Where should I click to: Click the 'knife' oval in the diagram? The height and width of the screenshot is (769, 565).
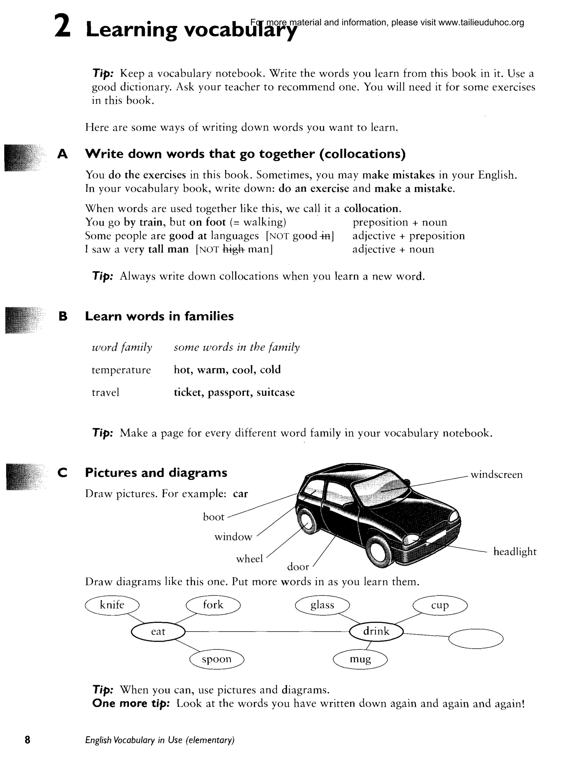pyautogui.click(x=112, y=606)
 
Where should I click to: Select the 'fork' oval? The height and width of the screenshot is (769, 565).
pyautogui.click(x=213, y=606)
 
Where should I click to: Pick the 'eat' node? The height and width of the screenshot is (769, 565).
pyautogui.click(x=158, y=632)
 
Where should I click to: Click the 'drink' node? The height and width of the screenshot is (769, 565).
pyautogui.click(x=376, y=631)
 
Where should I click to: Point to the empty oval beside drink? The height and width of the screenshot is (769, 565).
pyautogui.click(x=476, y=639)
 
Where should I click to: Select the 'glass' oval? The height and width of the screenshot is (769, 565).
pyautogui.click(x=322, y=606)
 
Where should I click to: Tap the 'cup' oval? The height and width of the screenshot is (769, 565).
pyautogui.click(x=440, y=606)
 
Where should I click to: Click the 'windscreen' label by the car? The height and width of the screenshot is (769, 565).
pyautogui.click(x=496, y=475)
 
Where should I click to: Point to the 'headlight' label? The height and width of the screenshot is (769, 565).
pyautogui.click(x=515, y=552)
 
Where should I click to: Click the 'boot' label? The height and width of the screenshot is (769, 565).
pyautogui.click(x=214, y=517)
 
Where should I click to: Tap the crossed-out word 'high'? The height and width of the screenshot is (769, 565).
pyautogui.click(x=233, y=250)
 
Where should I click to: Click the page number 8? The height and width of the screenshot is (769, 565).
pyautogui.click(x=27, y=740)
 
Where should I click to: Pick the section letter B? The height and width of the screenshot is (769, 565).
pyautogui.click(x=63, y=316)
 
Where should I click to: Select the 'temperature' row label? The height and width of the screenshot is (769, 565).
pyautogui.click(x=121, y=370)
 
